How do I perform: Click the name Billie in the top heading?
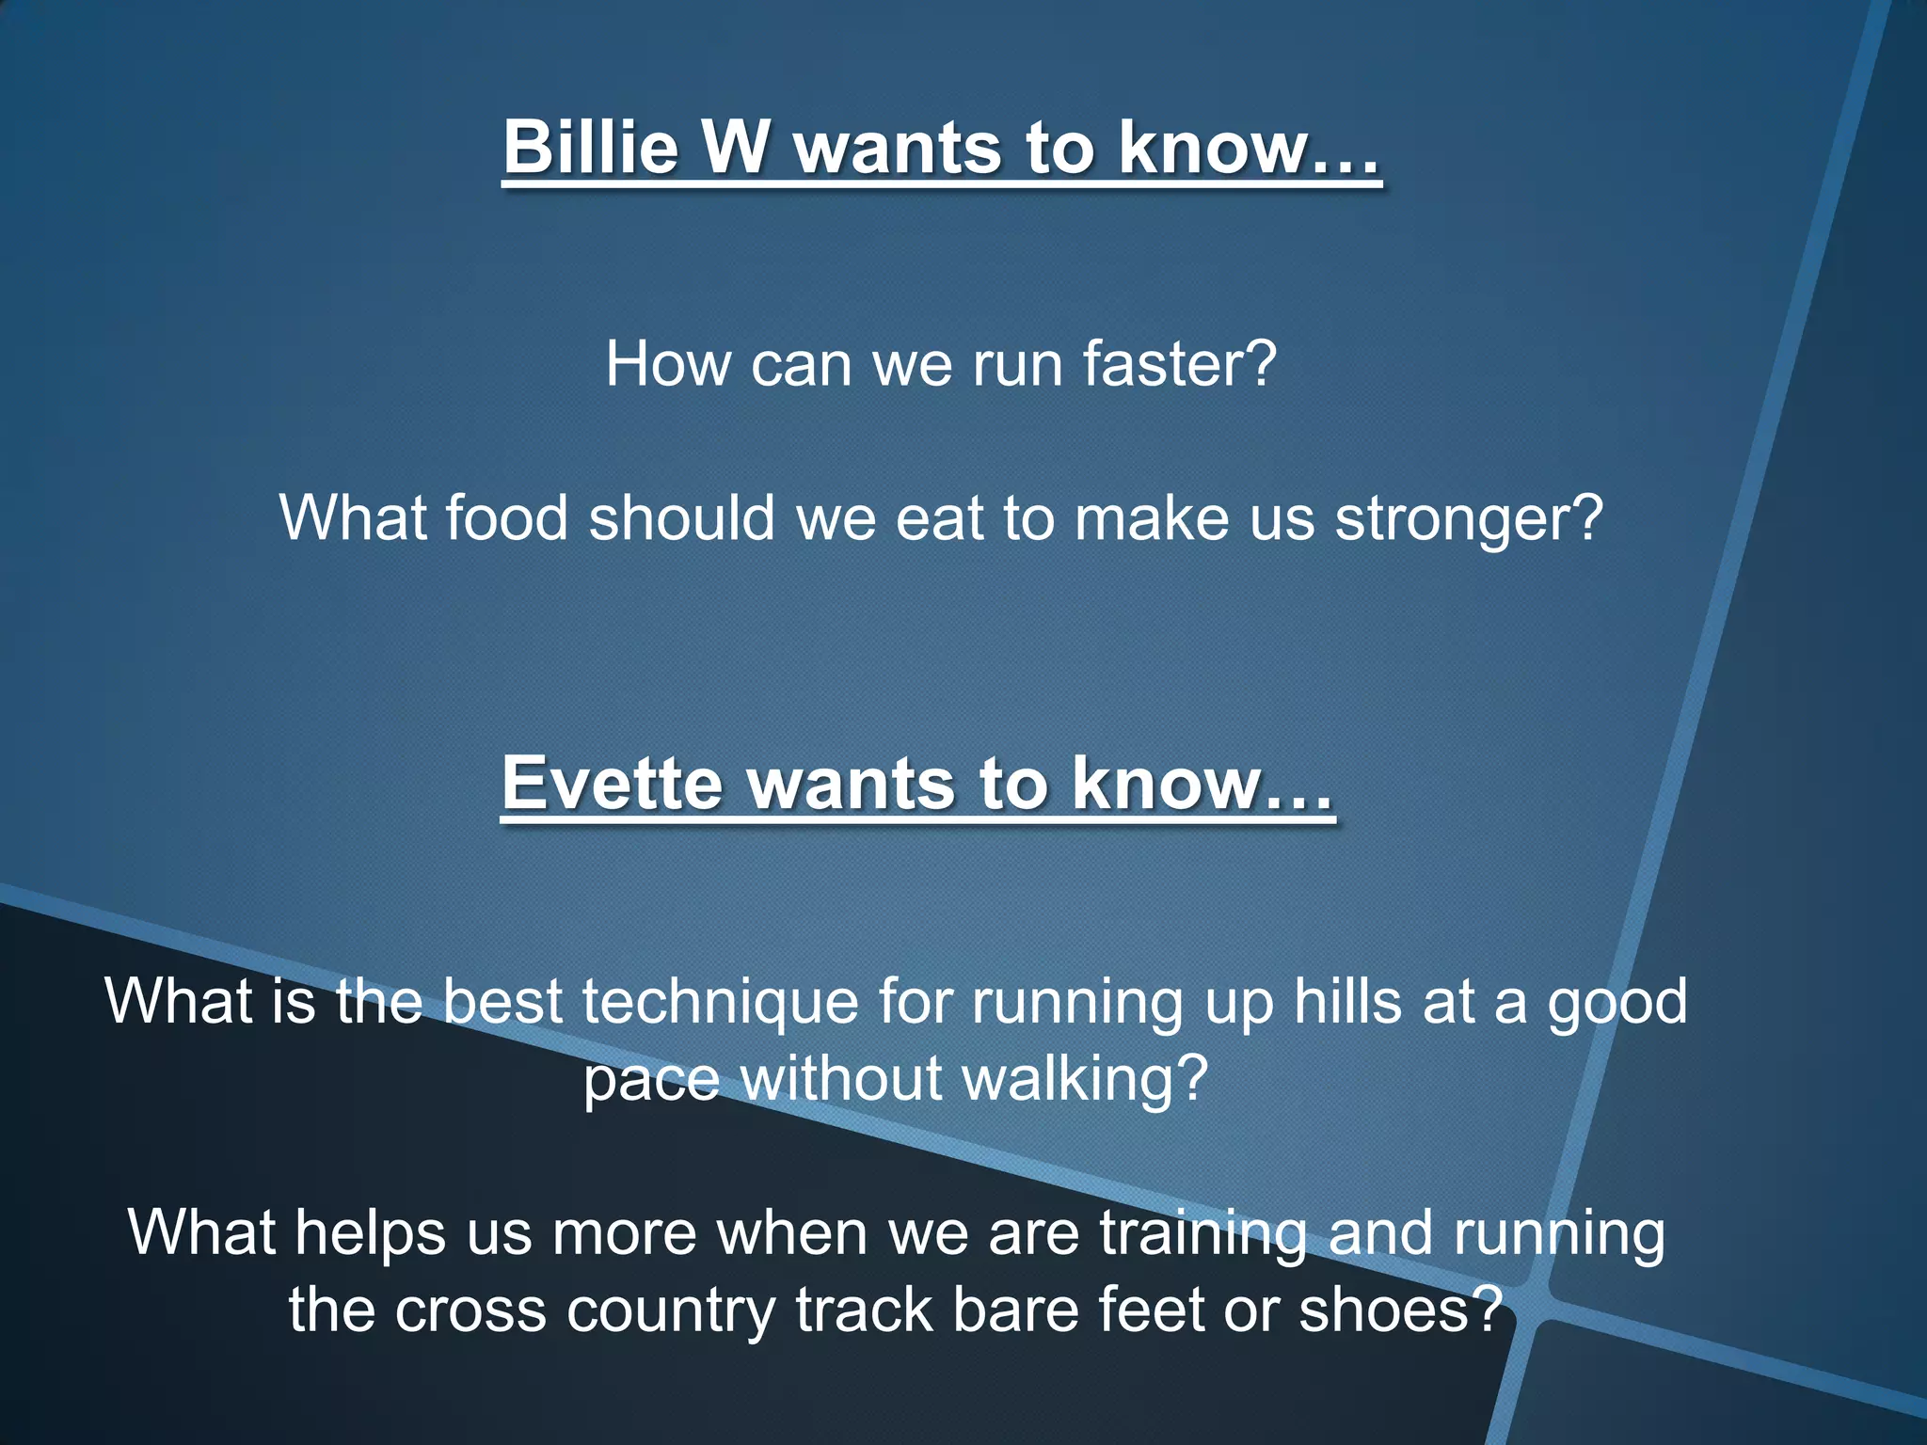pos(590,147)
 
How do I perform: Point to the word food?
pos(506,518)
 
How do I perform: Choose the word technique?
pos(720,1002)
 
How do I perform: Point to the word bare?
pos(1012,1310)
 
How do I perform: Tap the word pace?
pos(651,1080)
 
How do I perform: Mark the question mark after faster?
pos(1261,364)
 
